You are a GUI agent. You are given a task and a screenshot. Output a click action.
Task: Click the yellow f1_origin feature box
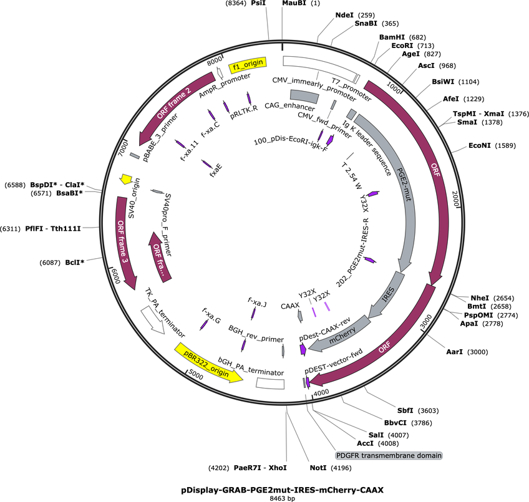click(248, 65)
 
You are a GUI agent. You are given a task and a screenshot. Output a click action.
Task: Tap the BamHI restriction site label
click(392, 37)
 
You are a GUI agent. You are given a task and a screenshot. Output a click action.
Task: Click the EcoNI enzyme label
click(479, 145)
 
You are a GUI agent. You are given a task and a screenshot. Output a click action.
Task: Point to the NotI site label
click(318, 468)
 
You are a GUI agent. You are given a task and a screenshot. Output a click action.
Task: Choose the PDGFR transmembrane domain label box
click(389, 455)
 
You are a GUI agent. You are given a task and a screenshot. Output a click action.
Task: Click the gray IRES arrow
click(387, 294)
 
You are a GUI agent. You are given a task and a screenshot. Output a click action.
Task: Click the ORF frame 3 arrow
click(125, 242)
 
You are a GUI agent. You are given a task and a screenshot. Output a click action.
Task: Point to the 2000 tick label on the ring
click(456, 199)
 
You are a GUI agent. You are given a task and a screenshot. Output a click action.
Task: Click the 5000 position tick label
click(196, 375)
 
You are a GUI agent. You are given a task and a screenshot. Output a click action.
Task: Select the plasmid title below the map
click(282, 490)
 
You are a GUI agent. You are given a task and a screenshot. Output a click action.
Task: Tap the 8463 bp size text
click(282, 498)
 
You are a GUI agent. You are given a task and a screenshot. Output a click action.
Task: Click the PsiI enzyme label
click(258, 3)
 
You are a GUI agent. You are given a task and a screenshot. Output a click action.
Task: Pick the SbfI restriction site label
click(405, 410)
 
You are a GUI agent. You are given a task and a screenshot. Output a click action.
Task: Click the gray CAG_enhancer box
click(304, 97)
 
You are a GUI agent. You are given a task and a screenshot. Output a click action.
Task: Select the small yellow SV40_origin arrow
click(126, 179)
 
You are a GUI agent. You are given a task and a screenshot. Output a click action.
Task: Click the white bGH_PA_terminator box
click(270, 384)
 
